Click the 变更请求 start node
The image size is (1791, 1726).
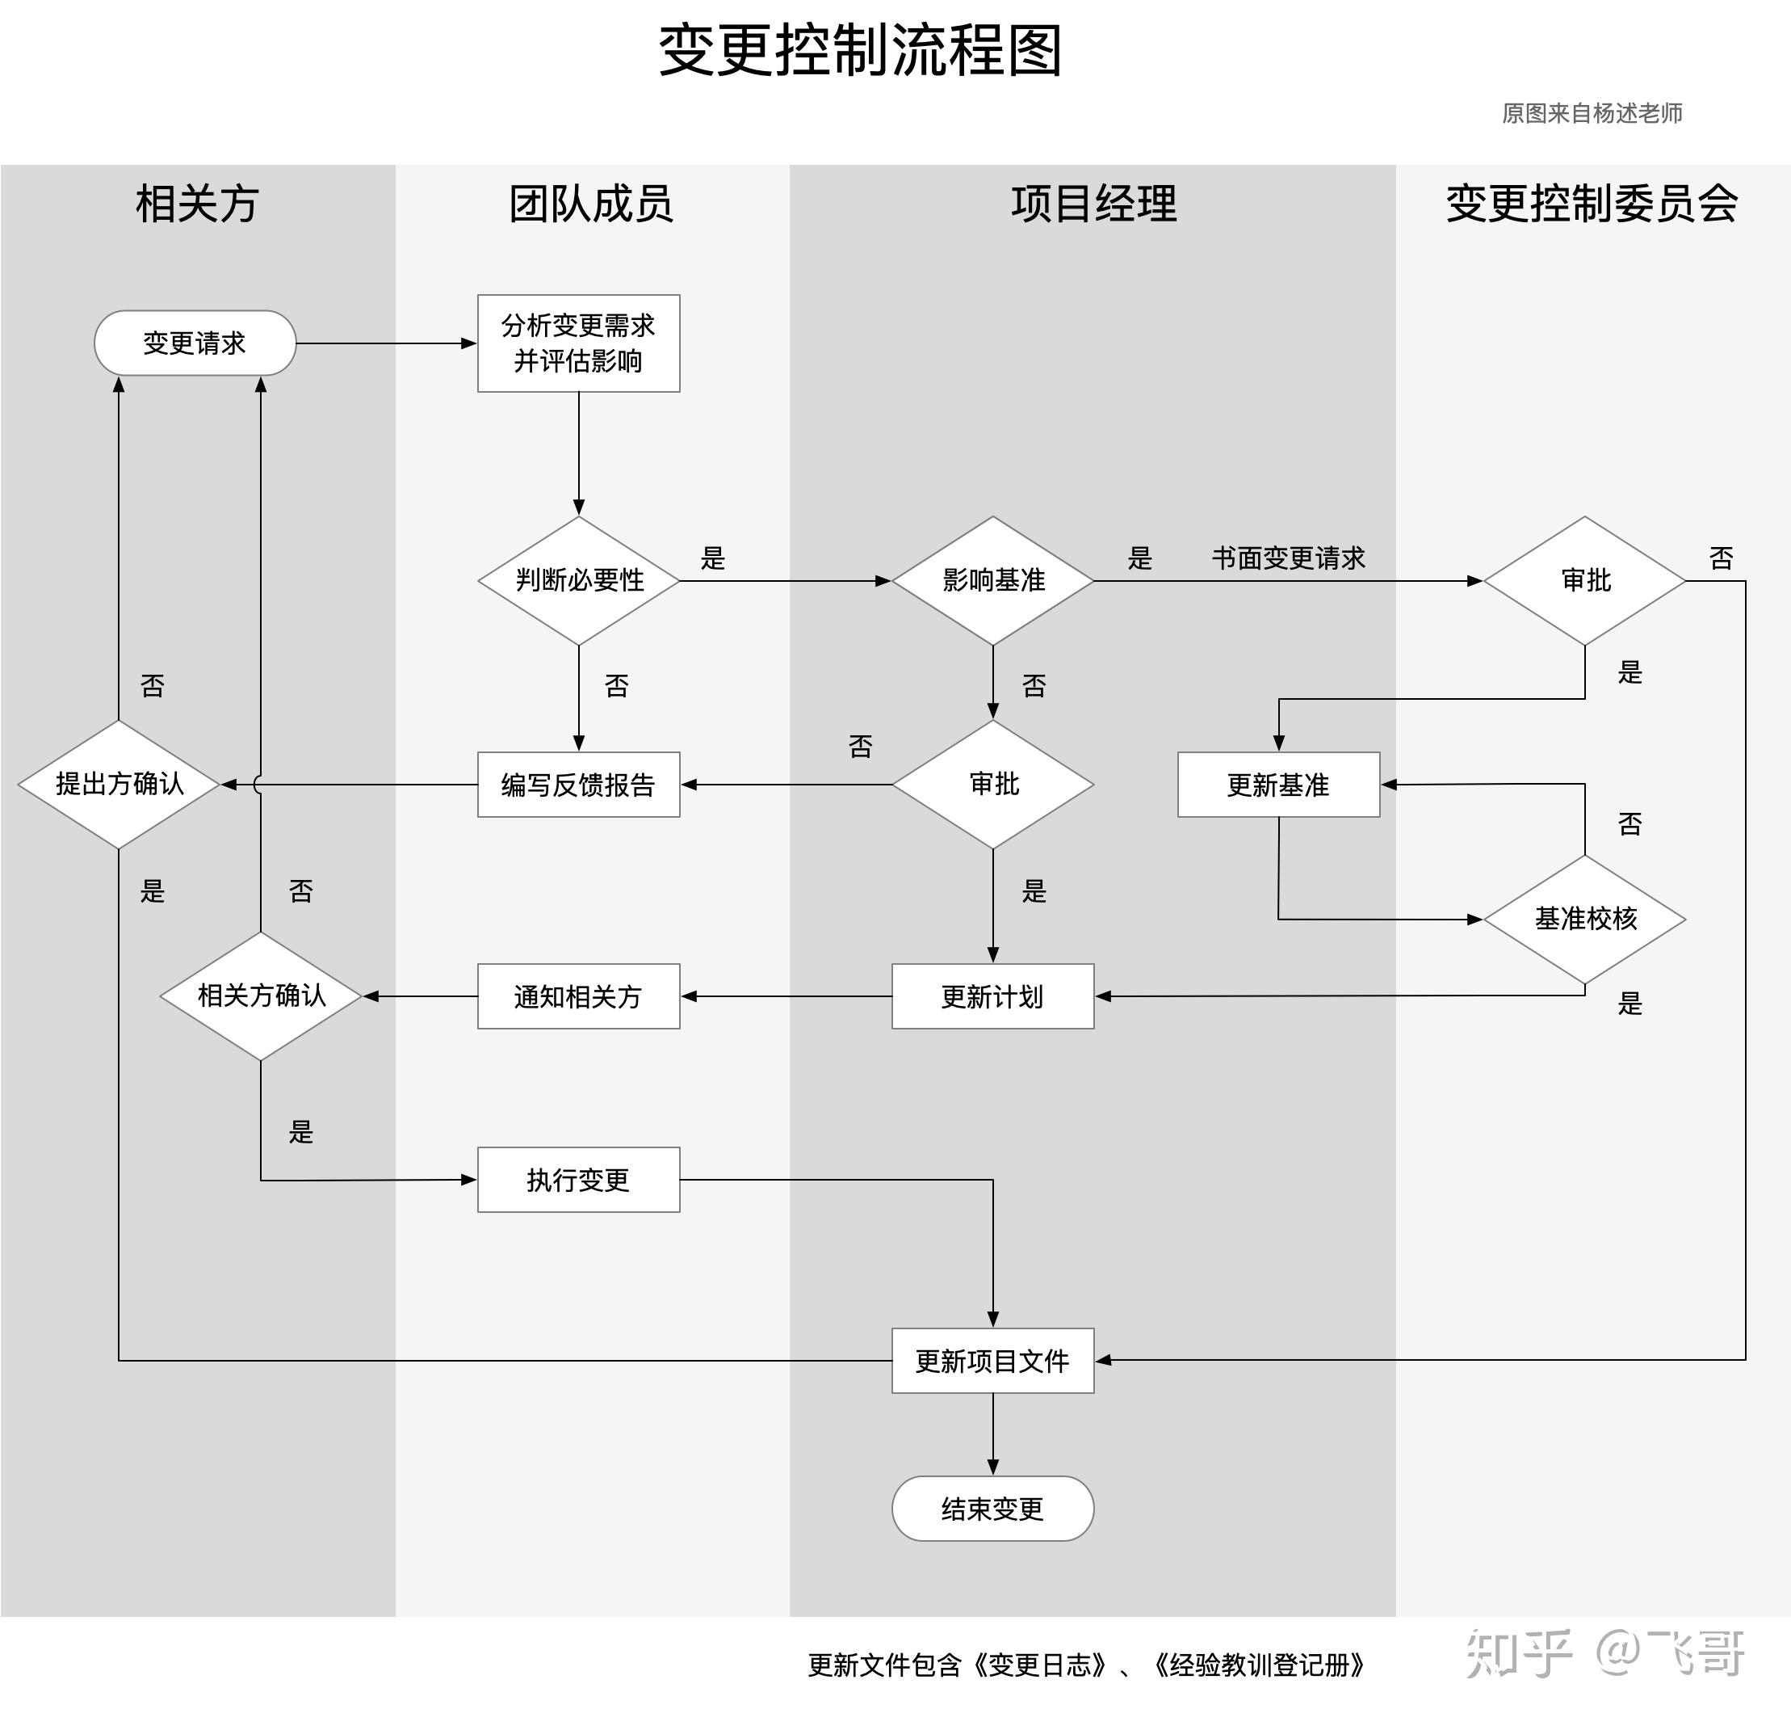(195, 343)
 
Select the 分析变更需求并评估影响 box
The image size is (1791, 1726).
(578, 343)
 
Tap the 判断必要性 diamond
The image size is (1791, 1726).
(578, 580)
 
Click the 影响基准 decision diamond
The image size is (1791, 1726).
(992, 580)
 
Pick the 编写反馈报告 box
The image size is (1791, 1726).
(578, 785)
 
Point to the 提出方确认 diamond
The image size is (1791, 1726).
(119, 785)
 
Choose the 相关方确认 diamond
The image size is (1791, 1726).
(262, 996)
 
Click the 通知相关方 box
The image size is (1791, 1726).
(578, 996)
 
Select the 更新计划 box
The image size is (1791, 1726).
(992, 996)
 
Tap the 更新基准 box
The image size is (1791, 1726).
(1278, 785)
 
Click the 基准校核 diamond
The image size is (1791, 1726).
(1584, 919)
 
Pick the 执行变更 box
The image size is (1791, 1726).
(578, 1179)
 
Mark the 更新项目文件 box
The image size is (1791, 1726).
(992, 1360)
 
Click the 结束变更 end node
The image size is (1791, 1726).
(992, 1509)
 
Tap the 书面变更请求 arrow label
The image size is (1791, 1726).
(1289, 558)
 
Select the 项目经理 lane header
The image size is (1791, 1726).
(1093, 203)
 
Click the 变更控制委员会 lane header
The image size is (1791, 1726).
(1592, 203)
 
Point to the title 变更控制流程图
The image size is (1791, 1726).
(860, 50)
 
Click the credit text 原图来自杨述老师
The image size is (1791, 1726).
(1592, 113)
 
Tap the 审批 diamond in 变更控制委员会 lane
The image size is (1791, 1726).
(1584, 580)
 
